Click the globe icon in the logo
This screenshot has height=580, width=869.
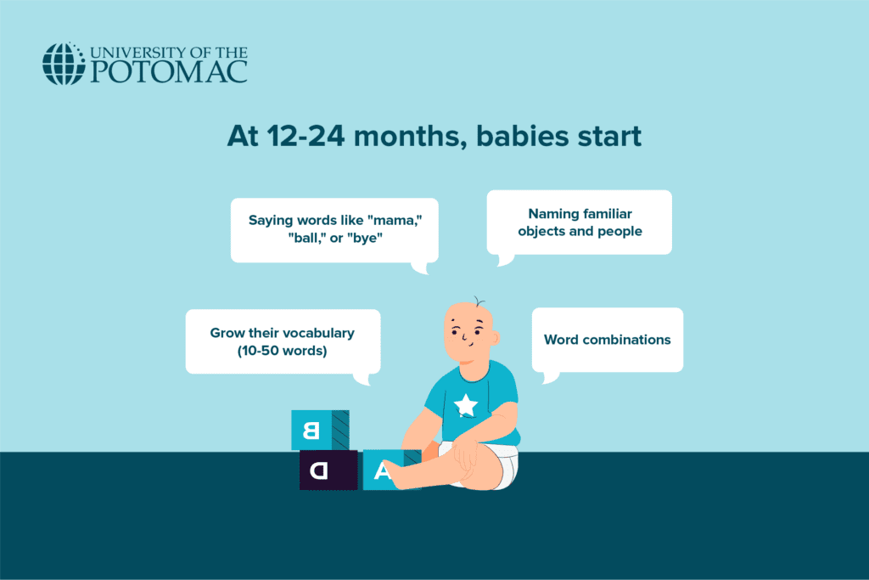tap(64, 64)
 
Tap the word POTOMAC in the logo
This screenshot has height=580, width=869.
tap(169, 72)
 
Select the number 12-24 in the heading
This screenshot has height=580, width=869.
tap(306, 136)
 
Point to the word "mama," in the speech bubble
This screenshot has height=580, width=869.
tap(395, 220)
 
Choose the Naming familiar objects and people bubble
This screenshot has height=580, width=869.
tap(579, 222)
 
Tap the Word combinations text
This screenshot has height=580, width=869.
tap(608, 340)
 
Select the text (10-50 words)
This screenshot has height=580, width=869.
tap(282, 351)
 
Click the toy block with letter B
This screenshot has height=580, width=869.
tap(320, 430)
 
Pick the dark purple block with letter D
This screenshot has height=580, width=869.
tap(328, 470)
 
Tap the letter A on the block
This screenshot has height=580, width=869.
tap(381, 471)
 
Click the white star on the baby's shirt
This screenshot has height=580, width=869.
tap(466, 405)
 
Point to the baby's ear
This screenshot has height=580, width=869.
tap(495, 338)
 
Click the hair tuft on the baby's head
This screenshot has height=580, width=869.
tap(479, 301)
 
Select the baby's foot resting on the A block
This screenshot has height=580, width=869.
tap(399, 476)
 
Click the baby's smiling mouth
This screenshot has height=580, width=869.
tap(468, 344)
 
